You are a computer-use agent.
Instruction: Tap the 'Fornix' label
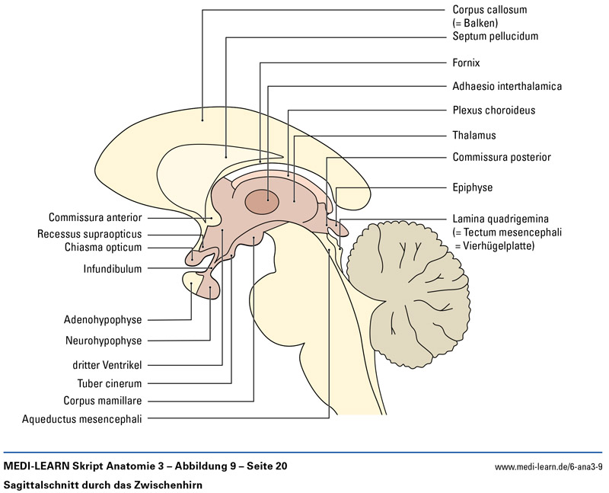coord(466,62)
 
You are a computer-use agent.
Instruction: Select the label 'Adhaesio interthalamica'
coord(507,86)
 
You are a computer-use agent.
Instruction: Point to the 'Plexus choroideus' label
coord(493,110)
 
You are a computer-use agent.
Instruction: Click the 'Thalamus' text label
coord(473,135)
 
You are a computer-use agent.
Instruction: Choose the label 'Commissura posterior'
coord(501,158)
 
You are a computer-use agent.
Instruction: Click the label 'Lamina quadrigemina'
coord(500,218)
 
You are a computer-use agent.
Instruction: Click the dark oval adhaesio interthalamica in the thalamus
coord(262,201)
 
